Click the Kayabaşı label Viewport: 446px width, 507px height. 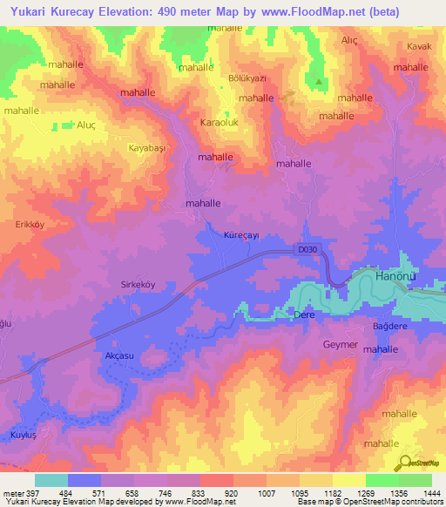(x=146, y=149)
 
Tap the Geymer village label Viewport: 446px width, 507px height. (x=340, y=345)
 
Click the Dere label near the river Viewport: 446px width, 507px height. (x=303, y=314)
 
